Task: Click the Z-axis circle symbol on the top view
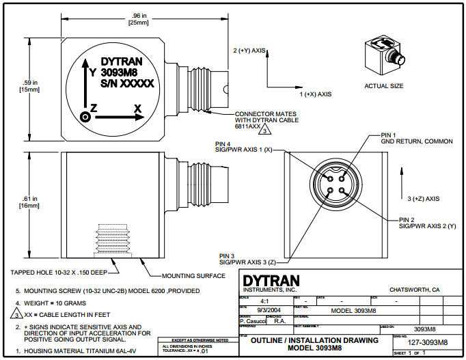85,116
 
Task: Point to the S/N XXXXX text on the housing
126,84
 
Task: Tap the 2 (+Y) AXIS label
249,51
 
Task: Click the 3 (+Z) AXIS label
424,198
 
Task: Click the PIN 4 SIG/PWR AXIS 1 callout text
241,146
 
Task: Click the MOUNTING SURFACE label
193,276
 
